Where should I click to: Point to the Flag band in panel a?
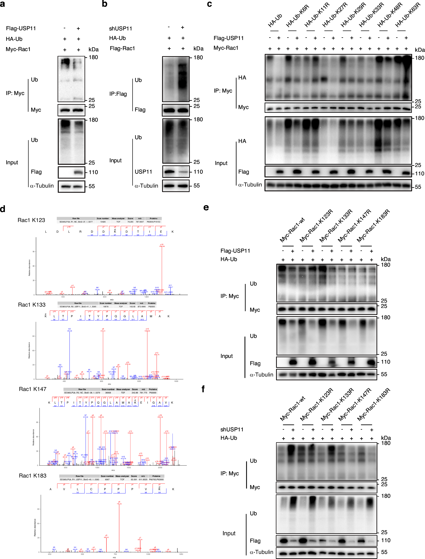[x=78, y=172]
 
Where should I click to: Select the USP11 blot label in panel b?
[x=143, y=172]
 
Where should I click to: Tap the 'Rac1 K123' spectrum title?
[x=31, y=220]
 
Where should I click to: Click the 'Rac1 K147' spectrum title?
[x=33, y=389]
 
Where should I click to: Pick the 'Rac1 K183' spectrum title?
[x=33, y=476]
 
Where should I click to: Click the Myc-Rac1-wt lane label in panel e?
[x=292, y=230]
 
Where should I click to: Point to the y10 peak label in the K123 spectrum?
[x=162, y=245]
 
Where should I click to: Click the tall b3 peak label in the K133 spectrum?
[x=70, y=329]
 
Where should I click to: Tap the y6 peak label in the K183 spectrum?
[x=119, y=502]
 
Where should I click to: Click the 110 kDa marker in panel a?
[x=93, y=172]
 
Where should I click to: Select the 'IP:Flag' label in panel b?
[x=118, y=94]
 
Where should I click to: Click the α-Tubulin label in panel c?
[x=250, y=185]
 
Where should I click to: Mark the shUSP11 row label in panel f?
[x=232, y=429]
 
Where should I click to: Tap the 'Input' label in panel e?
[x=227, y=356]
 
